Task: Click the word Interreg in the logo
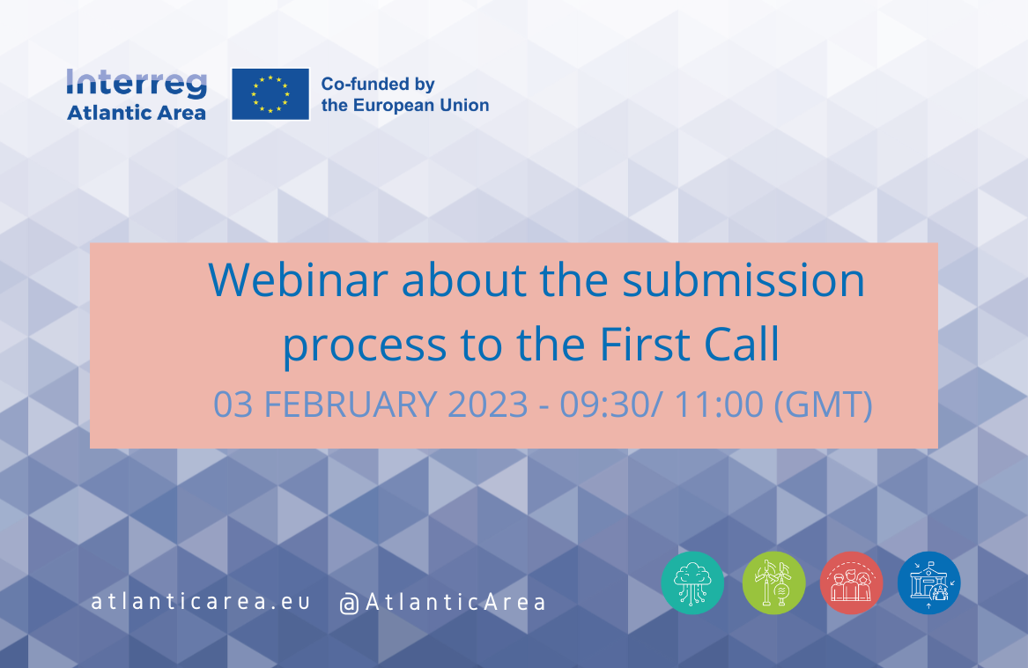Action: point(137,85)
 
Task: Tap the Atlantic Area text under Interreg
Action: point(137,113)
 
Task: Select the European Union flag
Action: point(270,94)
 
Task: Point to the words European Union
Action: point(421,105)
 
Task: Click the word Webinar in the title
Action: point(299,280)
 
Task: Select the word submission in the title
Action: point(743,280)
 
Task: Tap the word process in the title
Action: point(365,345)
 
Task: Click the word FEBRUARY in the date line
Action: point(350,405)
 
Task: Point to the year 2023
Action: point(488,405)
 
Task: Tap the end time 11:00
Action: point(719,405)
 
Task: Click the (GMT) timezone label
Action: point(824,405)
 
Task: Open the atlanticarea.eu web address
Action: point(201,602)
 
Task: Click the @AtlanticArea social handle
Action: point(442,603)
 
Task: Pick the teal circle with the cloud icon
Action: point(692,583)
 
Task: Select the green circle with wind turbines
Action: point(773,583)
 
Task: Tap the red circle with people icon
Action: point(852,583)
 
